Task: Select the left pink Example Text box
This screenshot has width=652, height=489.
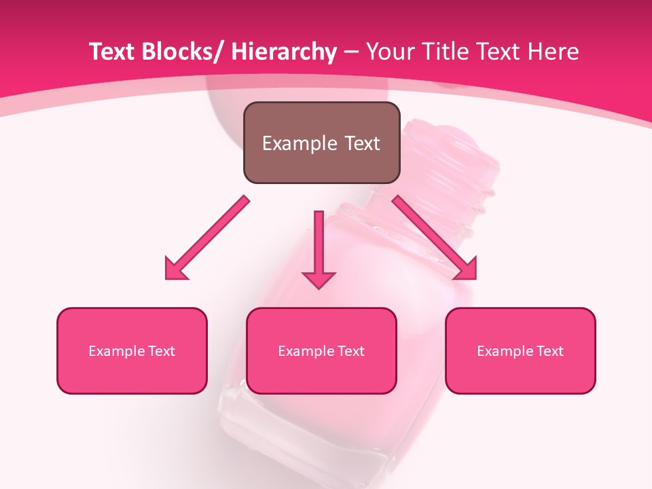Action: [132, 350]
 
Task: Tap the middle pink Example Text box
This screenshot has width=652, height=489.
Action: [321, 350]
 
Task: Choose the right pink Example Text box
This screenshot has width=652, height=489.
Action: [520, 350]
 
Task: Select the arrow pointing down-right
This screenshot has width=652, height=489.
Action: [435, 238]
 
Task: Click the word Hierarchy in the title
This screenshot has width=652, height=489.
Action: [284, 52]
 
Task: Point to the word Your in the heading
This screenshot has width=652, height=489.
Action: [388, 52]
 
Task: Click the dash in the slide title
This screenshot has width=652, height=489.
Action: [351, 52]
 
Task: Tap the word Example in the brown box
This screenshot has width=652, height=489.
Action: [300, 143]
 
